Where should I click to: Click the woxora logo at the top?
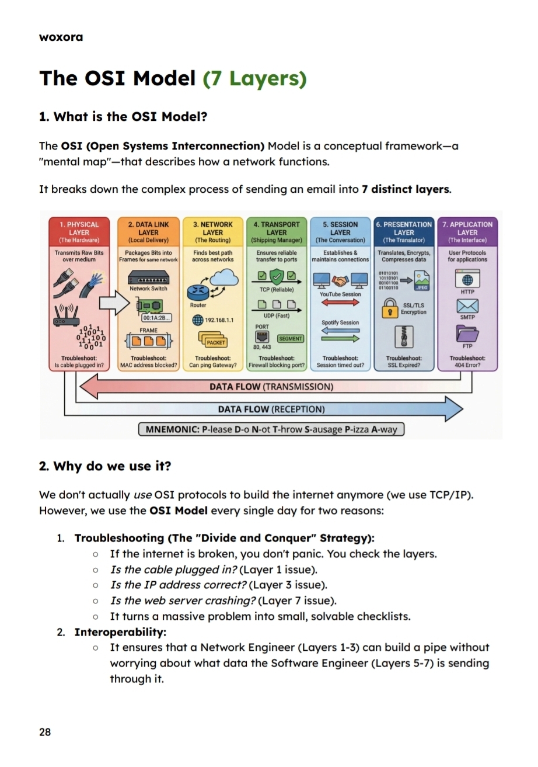pyautogui.click(x=61, y=37)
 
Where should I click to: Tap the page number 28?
pyautogui.click(x=45, y=732)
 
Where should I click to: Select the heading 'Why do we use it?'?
pyautogui.click(x=105, y=466)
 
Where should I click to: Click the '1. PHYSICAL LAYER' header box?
pyautogui.click(x=79, y=232)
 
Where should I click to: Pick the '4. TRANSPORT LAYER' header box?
pyautogui.click(x=277, y=232)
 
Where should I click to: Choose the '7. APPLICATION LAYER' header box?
pyautogui.click(x=467, y=232)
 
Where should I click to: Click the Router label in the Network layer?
pyautogui.click(x=198, y=305)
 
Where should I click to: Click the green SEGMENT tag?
pyautogui.click(x=290, y=338)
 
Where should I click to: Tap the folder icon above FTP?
pyautogui.click(x=467, y=334)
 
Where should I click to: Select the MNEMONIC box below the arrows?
pyautogui.click(x=271, y=429)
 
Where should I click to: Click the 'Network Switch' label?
pyautogui.click(x=148, y=289)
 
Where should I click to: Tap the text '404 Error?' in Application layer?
pyautogui.click(x=467, y=366)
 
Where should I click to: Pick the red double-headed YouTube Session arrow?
pyautogui.click(x=340, y=304)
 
